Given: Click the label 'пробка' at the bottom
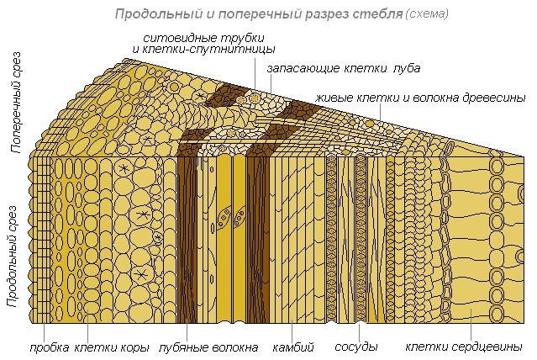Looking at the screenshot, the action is point(49,347).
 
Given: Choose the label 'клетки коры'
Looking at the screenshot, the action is point(112,347).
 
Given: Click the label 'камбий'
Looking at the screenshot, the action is point(293,347).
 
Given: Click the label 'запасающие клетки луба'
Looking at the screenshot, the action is point(343,68).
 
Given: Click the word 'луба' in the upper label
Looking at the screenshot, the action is point(406,68).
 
